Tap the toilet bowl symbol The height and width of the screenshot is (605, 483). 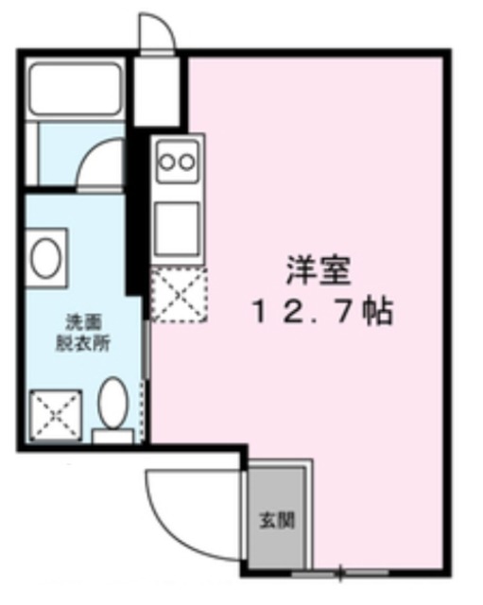[113, 404]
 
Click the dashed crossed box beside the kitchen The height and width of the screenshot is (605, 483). [179, 293]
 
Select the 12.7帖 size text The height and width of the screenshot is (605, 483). [319, 311]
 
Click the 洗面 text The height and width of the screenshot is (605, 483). [80, 320]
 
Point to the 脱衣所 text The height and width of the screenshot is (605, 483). [80, 342]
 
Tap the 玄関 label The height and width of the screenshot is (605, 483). [277, 519]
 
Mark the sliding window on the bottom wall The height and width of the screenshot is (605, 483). [337, 572]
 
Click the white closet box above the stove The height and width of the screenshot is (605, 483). [157, 91]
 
